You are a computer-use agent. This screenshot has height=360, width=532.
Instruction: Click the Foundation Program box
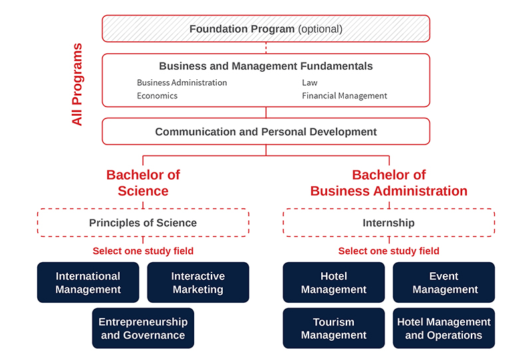pos(266,29)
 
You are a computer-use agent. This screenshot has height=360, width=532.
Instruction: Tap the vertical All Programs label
pos(77,85)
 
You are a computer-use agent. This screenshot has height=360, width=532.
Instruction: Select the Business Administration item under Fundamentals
pos(182,83)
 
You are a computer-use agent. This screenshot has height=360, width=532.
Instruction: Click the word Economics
pos(157,96)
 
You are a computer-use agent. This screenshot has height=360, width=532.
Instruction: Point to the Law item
pos(310,83)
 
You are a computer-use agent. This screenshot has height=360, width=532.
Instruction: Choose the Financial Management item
pos(344,96)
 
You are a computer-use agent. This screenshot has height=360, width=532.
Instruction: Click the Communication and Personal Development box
pos(266,132)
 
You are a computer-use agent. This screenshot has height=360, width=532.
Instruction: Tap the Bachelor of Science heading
pos(143,183)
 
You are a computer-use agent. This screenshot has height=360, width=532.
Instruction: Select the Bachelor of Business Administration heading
pos(389,183)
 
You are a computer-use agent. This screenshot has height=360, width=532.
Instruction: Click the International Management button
pos(88,282)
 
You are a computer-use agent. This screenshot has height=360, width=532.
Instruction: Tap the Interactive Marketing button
pos(198,282)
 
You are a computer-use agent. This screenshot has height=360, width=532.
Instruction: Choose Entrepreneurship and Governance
pos(143,328)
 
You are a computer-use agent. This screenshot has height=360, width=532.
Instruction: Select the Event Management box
pos(444,282)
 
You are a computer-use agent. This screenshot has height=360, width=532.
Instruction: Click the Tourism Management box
pos(334,328)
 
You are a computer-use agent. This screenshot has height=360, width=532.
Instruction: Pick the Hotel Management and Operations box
pos(444,328)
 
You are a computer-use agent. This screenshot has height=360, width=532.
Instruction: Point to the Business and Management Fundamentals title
pos(266,66)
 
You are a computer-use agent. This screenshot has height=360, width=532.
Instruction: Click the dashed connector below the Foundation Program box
pos(266,48)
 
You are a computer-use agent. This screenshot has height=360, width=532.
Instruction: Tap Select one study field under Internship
pos(389,251)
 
